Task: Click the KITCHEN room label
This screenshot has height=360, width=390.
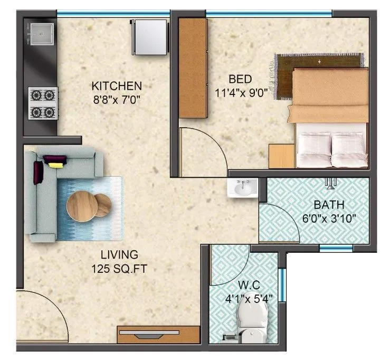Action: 116,86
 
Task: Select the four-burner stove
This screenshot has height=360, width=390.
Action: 43,103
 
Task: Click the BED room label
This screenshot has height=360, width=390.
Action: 240,79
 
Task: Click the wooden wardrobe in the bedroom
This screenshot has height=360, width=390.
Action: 192,68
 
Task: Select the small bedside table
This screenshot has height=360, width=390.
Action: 281,156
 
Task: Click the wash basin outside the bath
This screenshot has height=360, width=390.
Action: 243,188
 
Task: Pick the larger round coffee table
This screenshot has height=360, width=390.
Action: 81,205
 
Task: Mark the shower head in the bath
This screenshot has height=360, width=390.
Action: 331,183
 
